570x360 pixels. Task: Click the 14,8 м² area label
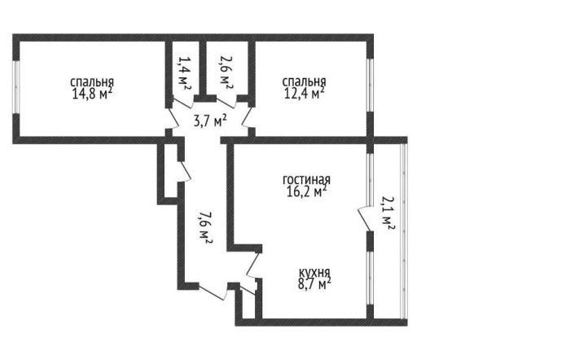pos(92,94)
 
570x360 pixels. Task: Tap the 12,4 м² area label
pos(304,94)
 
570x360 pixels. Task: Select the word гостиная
pos(307,180)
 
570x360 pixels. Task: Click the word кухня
pos(314,272)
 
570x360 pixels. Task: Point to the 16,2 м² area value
pos(307,191)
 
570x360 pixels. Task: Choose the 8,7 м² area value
pos(314,283)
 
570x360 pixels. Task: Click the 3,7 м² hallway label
pos(210,121)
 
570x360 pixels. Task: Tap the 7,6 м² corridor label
pos(204,227)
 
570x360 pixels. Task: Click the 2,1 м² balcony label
pos(388,213)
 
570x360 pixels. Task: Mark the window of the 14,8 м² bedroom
pos(15,87)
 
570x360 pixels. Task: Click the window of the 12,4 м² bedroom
pos(370,85)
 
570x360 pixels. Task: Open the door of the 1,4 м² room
pos(182,102)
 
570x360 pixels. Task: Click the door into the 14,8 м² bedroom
pos(173,118)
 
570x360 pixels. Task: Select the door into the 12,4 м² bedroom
pos(248,117)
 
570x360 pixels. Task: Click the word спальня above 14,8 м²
pos(92,82)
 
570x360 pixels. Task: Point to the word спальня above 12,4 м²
pos(304,82)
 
